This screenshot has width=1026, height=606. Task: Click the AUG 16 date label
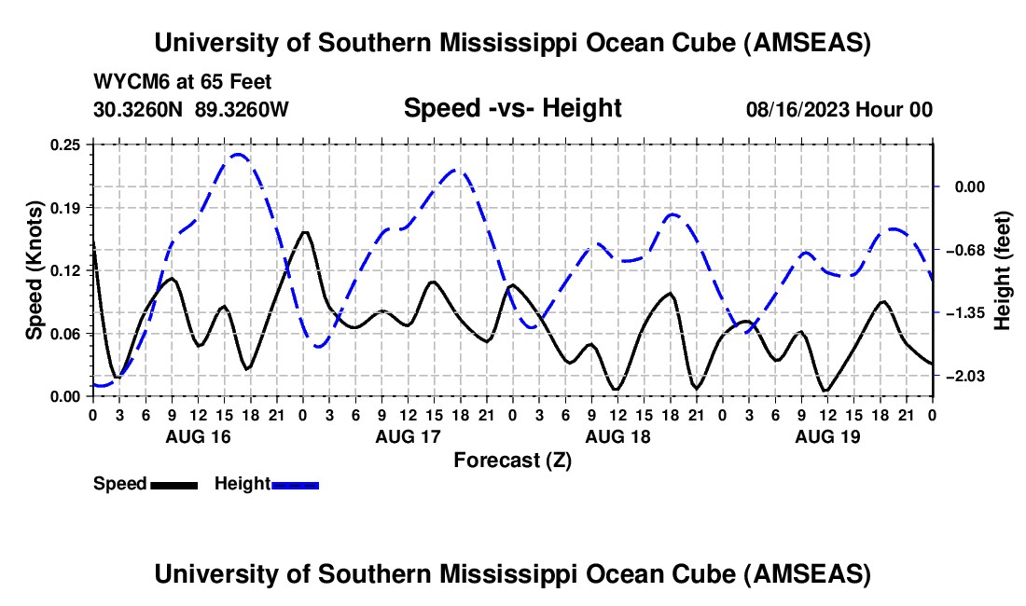[x=198, y=436]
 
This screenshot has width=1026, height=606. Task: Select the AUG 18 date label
[x=617, y=436]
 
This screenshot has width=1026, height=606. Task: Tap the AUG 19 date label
[x=826, y=436]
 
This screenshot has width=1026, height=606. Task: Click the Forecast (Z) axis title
[x=512, y=460]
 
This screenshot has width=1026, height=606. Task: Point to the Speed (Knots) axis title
[x=35, y=270]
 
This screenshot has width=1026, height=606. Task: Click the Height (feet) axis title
[x=1004, y=270]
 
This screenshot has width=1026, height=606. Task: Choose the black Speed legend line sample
[x=173, y=485]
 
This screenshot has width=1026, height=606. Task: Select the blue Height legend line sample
[x=295, y=485]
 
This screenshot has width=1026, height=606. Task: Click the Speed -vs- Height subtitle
[x=512, y=108]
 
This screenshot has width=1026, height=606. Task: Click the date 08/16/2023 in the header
[x=798, y=109]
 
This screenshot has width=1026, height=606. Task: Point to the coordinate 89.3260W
[x=243, y=109]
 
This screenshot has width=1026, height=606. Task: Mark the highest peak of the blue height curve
[x=239, y=155]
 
